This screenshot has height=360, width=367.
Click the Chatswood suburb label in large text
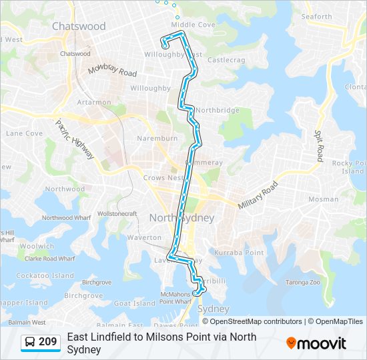point(79,27)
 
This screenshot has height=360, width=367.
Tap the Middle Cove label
point(193,25)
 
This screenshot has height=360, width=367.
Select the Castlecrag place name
point(226,60)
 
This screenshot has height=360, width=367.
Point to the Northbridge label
point(218,110)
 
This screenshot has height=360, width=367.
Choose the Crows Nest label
point(163,178)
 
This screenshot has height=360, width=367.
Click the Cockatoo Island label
point(45,275)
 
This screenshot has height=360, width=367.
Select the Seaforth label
point(316,17)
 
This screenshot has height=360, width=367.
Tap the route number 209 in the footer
point(48,342)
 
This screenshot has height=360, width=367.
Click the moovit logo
point(316,343)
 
